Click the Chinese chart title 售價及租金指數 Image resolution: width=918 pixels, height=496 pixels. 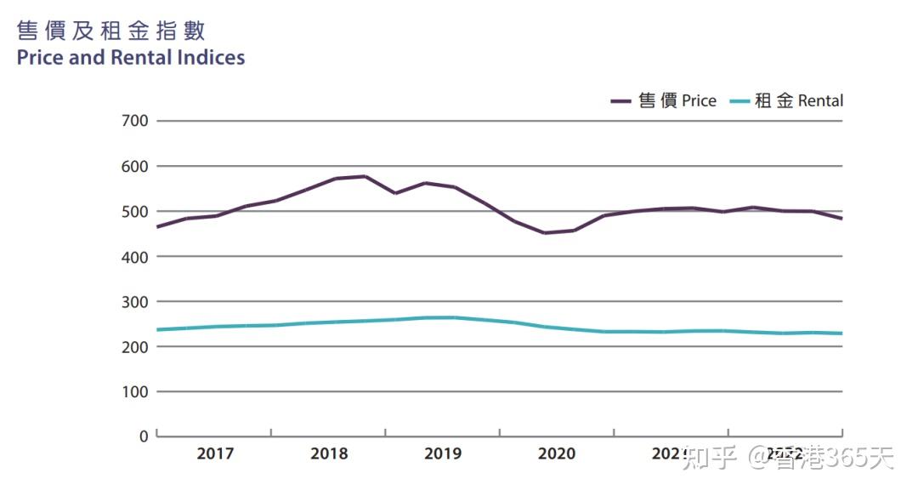click(111, 31)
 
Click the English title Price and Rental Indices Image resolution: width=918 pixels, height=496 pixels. click(131, 58)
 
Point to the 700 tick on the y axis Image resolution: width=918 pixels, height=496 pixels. click(135, 121)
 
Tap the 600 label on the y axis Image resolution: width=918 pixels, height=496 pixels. click(135, 166)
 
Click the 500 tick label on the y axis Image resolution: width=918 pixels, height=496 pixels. click(135, 211)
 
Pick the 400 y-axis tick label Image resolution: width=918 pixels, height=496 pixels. click(135, 256)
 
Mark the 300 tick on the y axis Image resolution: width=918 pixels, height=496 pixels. click(135, 301)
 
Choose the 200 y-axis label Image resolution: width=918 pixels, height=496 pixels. click(135, 346)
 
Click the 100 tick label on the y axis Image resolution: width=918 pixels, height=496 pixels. click(135, 391)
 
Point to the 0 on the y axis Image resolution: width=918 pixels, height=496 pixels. click(143, 436)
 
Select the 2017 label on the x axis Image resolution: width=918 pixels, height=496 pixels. click(215, 453)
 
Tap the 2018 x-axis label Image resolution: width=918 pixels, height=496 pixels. click(329, 453)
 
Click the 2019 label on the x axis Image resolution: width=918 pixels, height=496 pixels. click(443, 453)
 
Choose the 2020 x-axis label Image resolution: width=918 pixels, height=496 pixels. click(557, 453)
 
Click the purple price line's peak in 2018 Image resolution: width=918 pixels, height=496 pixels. click(365, 176)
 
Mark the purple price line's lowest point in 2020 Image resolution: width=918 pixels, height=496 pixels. click(544, 232)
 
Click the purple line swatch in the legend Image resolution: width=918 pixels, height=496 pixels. click(620, 101)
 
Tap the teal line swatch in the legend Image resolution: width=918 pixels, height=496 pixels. click(739, 101)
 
